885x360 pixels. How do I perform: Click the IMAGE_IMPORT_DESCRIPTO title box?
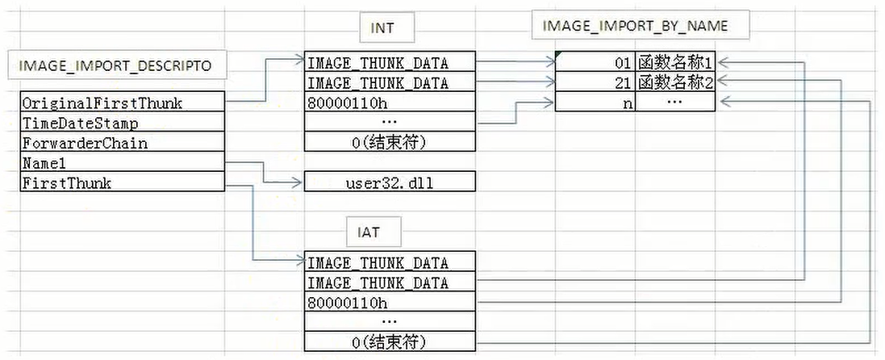click(116, 65)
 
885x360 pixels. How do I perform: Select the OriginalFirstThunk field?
click(122, 103)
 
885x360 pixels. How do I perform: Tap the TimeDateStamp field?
click(122, 123)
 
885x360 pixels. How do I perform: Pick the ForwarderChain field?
click(122, 142)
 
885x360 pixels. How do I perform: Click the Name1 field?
click(122, 163)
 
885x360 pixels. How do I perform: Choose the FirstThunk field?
click(122, 182)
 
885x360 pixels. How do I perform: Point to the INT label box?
click(382, 28)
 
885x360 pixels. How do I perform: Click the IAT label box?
click(369, 232)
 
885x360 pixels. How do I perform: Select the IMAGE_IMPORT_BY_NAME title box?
click(640, 26)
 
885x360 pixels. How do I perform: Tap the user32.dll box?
click(390, 182)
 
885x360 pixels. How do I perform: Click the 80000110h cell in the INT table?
click(390, 103)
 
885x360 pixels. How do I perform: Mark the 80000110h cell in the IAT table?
click(390, 302)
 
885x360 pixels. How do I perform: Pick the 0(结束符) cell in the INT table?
click(390, 142)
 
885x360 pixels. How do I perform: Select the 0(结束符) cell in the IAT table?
click(390, 341)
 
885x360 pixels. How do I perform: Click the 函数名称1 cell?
click(675, 62)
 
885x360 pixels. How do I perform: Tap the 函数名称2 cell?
click(675, 82)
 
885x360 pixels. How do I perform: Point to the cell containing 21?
click(595, 82)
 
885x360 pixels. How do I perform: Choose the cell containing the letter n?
click(595, 103)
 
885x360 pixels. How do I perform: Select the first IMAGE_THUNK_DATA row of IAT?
click(390, 262)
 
